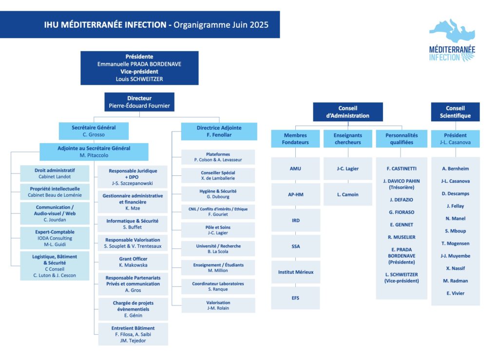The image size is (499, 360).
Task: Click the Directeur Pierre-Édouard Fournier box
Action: point(139,102)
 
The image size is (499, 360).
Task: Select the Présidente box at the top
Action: point(139,68)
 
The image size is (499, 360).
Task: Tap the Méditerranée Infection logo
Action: point(452,40)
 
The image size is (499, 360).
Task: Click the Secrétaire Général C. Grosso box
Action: point(94,131)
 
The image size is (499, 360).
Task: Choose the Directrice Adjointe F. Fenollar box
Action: point(219,132)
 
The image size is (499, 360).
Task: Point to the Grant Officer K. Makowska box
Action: point(133,262)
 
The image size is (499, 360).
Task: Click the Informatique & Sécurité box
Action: point(133,224)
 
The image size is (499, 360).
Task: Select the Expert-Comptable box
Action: point(55,238)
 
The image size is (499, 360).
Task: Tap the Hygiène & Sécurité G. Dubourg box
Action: point(218,194)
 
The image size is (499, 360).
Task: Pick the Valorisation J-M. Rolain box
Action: point(218,305)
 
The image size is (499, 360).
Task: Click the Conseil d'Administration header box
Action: point(348,112)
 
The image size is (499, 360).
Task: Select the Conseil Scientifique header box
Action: point(455,112)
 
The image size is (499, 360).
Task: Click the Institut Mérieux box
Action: point(296,272)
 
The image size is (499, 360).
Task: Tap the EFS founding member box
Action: point(296,298)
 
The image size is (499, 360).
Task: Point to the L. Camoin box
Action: point(348,194)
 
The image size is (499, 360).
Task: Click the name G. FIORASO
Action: point(402,212)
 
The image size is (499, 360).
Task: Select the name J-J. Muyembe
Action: point(456,256)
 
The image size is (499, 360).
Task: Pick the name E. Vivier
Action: point(456,293)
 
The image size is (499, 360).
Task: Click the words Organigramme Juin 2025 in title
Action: point(221,25)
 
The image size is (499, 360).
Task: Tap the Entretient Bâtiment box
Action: point(133,334)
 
